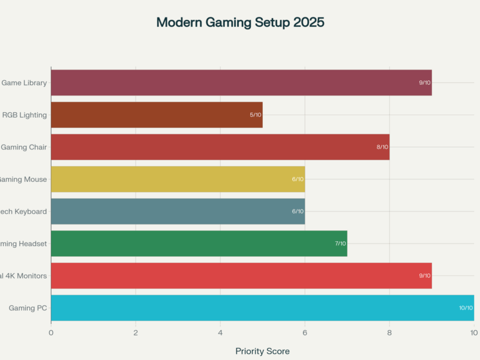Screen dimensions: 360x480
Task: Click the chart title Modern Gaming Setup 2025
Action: click(x=240, y=23)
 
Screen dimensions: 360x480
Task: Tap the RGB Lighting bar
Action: click(x=157, y=115)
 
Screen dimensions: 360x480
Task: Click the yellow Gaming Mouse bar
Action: click(x=178, y=179)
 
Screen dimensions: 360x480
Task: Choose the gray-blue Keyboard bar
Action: click(x=178, y=211)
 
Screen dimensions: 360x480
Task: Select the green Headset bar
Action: click(x=199, y=244)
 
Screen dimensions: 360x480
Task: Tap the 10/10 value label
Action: click(x=466, y=308)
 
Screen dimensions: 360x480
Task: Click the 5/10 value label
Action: click(x=256, y=115)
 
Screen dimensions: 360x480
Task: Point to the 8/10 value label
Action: click(x=382, y=147)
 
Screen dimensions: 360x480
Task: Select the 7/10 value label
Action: click(x=340, y=244)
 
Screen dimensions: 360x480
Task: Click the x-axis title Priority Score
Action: click(x=262, y=351)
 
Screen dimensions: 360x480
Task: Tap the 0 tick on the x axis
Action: click(x=51, y=332)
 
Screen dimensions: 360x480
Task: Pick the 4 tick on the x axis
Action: click(x=220, y=332)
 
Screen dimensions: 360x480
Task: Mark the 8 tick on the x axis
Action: click(x=389, y=332)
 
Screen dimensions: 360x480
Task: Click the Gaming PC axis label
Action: click(x=28, y=308)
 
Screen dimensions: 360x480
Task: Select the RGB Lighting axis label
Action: click(x=25, y=115)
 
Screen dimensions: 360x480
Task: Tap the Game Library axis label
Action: click(x=24, y=83)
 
